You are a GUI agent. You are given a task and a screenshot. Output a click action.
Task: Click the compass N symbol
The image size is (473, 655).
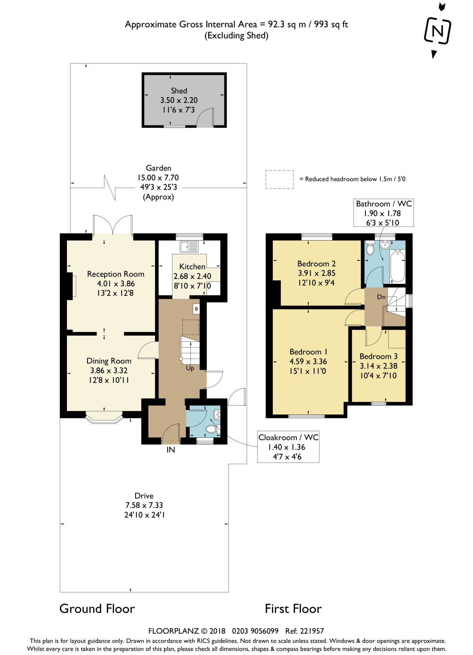point(438,31)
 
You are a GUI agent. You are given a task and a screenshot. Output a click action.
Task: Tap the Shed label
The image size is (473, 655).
point(179,91)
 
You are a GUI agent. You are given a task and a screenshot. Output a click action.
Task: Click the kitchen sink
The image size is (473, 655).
point(189,247)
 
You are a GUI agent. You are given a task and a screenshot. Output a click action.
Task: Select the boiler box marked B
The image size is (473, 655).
point(196,309)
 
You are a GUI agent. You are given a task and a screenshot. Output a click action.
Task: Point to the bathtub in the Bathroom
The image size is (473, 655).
point(397,266)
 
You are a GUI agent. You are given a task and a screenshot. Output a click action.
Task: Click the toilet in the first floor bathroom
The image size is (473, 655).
point(370,249)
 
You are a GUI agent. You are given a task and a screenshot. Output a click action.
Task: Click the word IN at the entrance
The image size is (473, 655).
point(171,450)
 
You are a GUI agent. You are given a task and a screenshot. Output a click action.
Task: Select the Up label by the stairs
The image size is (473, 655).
point(190,368)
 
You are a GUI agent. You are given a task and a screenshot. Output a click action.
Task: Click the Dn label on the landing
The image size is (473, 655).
point(381,297)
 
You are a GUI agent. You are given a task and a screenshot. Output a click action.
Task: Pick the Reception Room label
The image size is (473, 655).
point(116,274)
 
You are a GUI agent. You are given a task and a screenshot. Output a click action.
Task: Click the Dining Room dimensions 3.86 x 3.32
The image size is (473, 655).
point(109,371)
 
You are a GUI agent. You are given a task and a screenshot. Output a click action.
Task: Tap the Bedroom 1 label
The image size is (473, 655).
point(308,351)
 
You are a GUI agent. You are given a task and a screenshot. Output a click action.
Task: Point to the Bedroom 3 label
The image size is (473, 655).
point(378,356)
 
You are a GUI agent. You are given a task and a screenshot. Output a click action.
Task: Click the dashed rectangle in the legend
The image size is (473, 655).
point(279,179)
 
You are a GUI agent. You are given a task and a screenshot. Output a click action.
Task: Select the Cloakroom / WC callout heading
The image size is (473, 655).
point(288,437)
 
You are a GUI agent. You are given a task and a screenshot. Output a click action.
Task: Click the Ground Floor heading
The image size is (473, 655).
point(97,608)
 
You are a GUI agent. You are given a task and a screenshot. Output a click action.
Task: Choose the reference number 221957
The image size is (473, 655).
point(313,631)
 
